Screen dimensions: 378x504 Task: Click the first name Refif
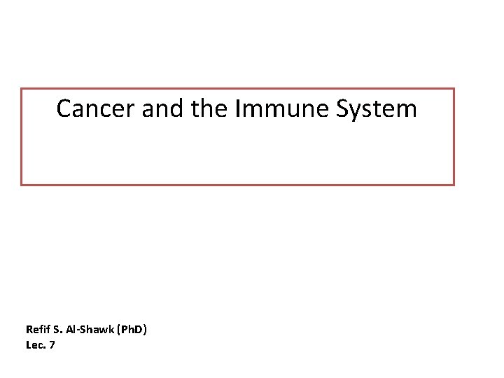pos(37,329)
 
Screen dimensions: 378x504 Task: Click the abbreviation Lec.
pos(34,344)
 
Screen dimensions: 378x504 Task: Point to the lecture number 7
pos(52,344)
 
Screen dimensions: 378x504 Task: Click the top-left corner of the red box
pos(22,89)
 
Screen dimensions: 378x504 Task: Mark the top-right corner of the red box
pos(454,89)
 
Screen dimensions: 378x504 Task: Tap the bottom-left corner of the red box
pos(22,184)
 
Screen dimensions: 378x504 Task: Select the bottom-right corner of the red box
pos(454,184)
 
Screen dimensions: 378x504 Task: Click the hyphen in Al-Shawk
pos(78,330)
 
